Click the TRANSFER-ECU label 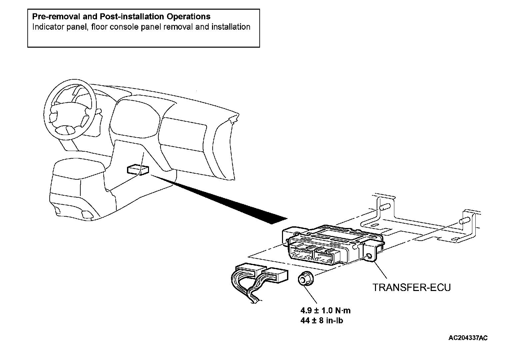[411, 287]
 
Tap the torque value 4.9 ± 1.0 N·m [325, 311]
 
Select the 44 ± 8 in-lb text [322, 321]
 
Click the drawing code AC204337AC [468, 338]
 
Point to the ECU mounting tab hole [369, 256]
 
